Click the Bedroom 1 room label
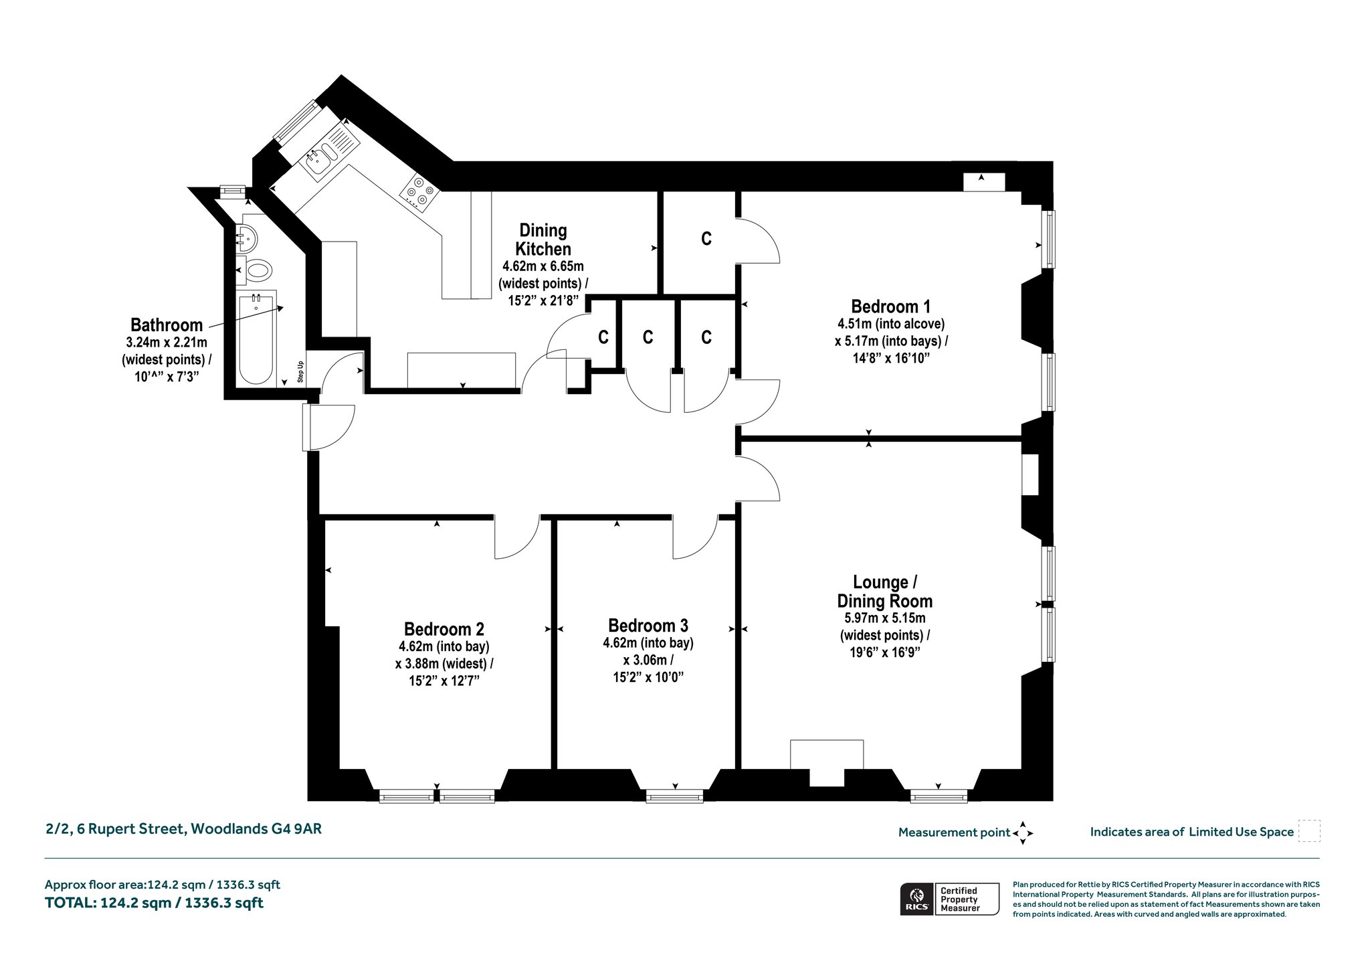click(x=890, y=306)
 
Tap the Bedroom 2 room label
click(x=444, y=629)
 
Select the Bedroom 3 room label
click(x=648, y=626)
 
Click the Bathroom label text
click(x=166, y=325)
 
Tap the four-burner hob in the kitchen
click(x=419, y=192)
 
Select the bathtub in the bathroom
click(x=257, y=339)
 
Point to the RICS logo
click(x=917, y=899)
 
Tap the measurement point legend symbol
click(x=1023, y=833)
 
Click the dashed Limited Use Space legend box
click(x=1308, y=831)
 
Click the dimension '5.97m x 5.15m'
click(x=885, y=618)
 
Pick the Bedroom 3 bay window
click(x=674, y=796)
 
